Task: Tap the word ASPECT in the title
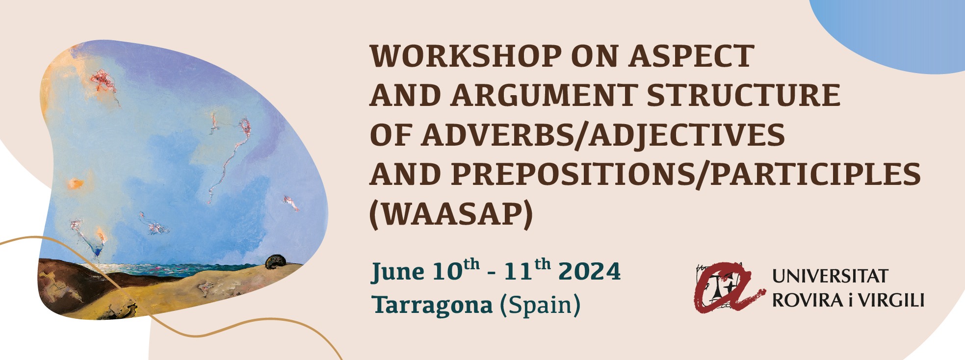pyautogui.click(x=692, y=56)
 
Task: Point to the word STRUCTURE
pyautogui.click(x=744, y=95)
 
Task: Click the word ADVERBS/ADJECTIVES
pyautogui.click(x=603, y=135)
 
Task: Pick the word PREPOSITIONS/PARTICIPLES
pyautogui.click(x=686, y=175)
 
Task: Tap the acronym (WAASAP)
pyautogui.click(x=451, y=214)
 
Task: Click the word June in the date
pyautogui.click(x=398, y=272)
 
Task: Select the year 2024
pyautogui.click(x=590, y=271)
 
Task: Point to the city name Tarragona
pyautogui.click(x=432, y=306)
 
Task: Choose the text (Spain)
pyautogui.click(x=540, y=305)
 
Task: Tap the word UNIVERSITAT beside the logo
pyautogui.click(x=830, y=276)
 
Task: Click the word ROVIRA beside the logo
pyautogui.click(x=808, y=300)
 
